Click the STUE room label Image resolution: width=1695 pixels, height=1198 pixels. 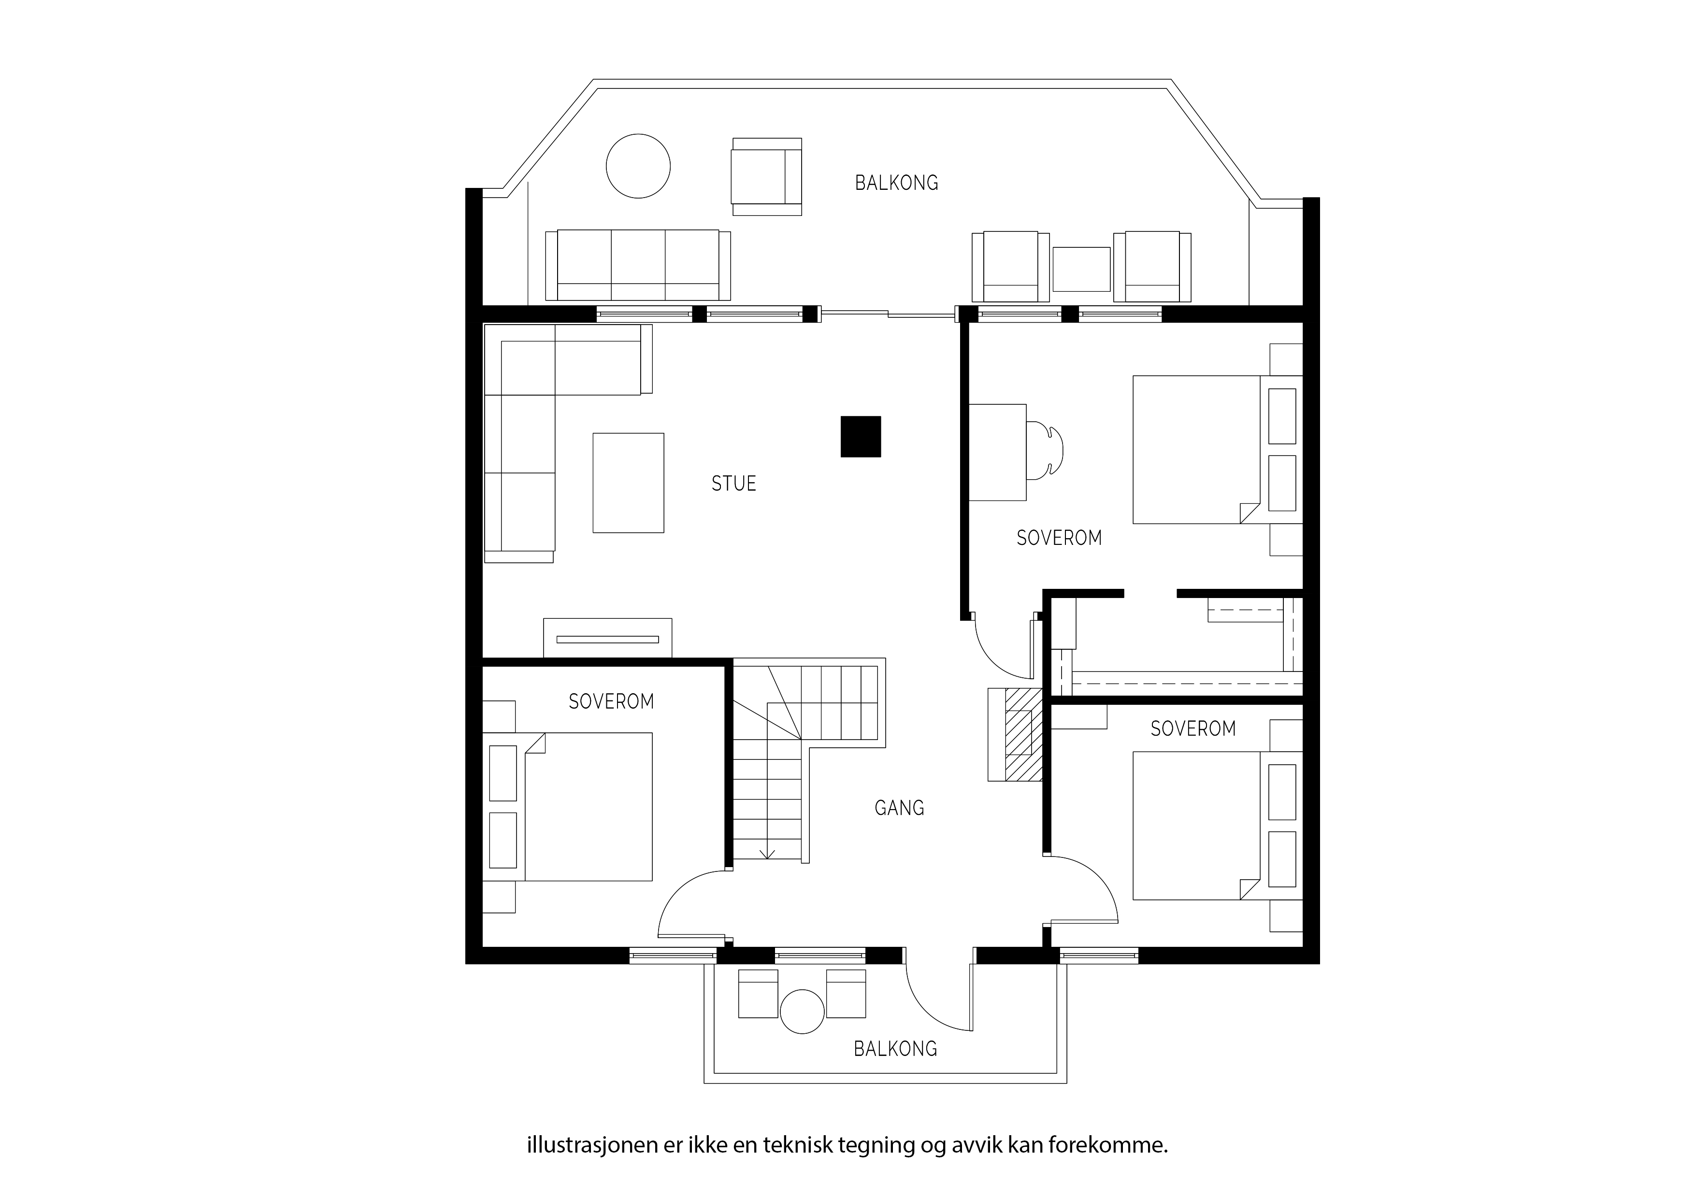pyautogui.click(x=734, y=484)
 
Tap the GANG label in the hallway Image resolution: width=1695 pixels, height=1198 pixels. pyautogui.click(x=899, y=808)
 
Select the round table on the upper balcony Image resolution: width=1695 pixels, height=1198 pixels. pyautogui.click(x=638, y=166)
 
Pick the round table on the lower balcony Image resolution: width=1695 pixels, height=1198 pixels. pyautogui.click(x=803, y=1011)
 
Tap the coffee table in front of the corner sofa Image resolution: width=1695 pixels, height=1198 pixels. pyautogui.click(x=628, y=483)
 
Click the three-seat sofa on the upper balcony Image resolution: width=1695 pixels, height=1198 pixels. pyautogui.click(x=638, y=265)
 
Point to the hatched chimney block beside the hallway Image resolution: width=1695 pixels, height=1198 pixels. pyautogui.click(x=1015, y=734)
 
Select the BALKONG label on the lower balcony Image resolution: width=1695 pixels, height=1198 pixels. pyautogui.click(x=895, y=1049)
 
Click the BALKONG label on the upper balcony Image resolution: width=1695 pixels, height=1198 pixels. pyautogui.click(x=896, y=183)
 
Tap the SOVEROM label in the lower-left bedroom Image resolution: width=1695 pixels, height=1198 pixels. pyautogui.click(x=611, y=701)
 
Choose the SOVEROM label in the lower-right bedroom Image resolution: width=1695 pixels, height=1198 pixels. pyautogui.click(x=1193, y=728)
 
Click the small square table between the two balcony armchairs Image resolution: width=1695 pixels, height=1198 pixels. pyautogui.click(x=1081, y=270)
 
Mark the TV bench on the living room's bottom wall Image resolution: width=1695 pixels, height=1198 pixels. pyautogui.click(x=607, y=638)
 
